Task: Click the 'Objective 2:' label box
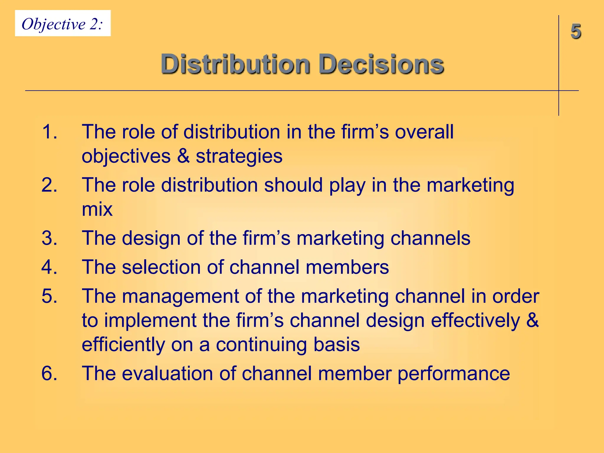click(x=63, y=24)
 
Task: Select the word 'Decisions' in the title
click(x=381, y=64)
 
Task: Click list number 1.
click(x=49, y=132)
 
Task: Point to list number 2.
click(x=49, y=185)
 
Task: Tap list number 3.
click(x=49, y=238)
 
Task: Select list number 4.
click(x=49, y=267)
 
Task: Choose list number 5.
click(x=49, y=296)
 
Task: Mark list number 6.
click(x=49, y=373)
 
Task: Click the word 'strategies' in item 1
click(x=239, y=156)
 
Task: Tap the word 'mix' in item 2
click(x=97, y=209)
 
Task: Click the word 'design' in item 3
click(x=151, y=239)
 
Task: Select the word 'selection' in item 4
click(x=161, y=267)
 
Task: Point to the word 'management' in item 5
click(x=180, y=297)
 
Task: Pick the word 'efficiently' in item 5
click(x=123, y=344)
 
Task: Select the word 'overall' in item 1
click(x=424, y=132)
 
